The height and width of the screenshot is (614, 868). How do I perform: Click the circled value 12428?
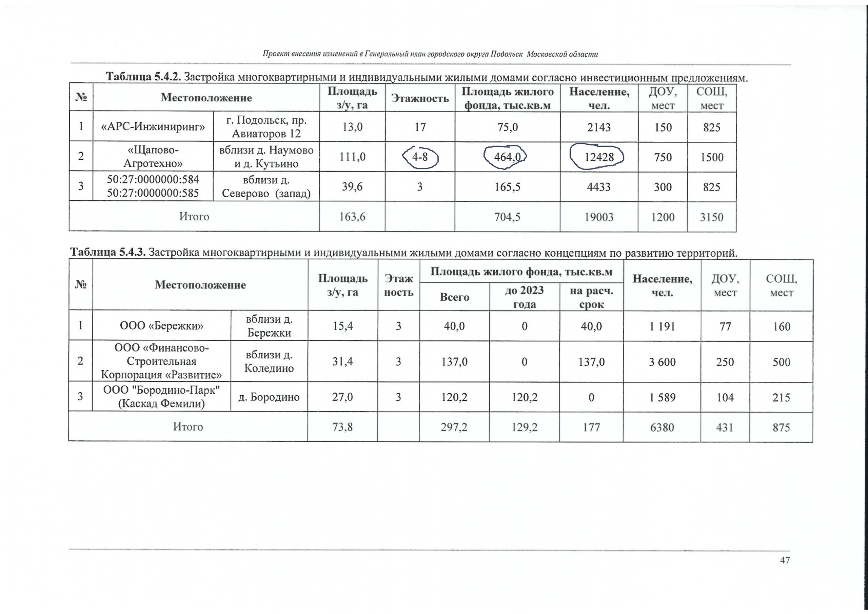(599, 157)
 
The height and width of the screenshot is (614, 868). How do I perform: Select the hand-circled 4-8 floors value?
(420, 157)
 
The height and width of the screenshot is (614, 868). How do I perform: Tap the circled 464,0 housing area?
(507, 157)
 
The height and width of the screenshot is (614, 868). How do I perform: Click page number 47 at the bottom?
(785, 560)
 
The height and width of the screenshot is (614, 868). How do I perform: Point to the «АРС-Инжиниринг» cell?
(153, 127)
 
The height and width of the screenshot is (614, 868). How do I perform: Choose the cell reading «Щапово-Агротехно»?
(153, 157)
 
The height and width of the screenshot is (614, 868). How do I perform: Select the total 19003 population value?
(599, 217)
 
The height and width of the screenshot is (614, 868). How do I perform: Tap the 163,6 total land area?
(352, 217)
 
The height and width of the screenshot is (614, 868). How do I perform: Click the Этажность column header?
(420, 98)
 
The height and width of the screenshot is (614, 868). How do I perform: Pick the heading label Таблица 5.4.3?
(108, 252)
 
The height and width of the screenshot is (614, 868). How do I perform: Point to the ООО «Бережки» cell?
(161, 326)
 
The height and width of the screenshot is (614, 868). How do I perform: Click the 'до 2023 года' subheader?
(524, 297)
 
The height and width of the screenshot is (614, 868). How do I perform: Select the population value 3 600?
(662, 362)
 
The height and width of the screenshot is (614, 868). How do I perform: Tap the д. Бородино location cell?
(269, 397)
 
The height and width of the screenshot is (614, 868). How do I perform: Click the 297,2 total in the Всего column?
(454, 427)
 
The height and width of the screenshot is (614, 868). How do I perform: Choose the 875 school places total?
(781, 427)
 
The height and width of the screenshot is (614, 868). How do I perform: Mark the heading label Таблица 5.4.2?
(144, 77)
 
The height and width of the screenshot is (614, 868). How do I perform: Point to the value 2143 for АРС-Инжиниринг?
(599, 127)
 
